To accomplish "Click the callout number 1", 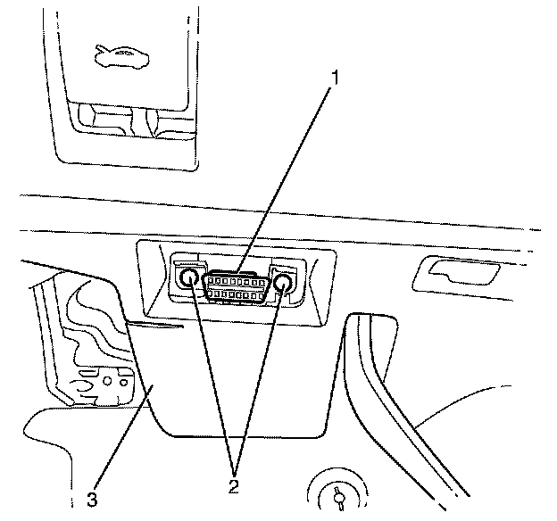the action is click(x=335, y=79).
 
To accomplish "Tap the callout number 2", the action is click(x=234, y=486).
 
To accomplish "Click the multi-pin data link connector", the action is click(x=237, y=285).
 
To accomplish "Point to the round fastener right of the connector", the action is click(x=284, y=284).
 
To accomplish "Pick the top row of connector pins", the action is click(x=237, y=279).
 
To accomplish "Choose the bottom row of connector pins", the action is click(x=237, y=294).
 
